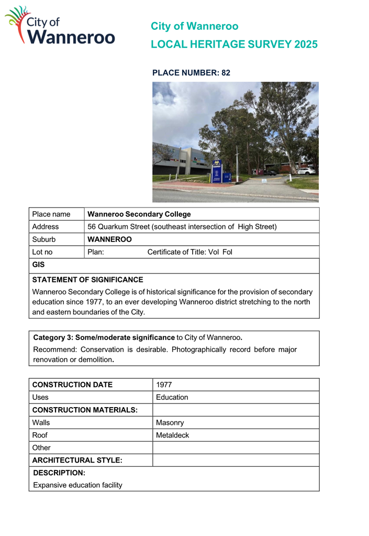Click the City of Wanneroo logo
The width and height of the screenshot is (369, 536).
(60, 26)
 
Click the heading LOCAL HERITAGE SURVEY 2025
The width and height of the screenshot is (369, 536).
(233, 45)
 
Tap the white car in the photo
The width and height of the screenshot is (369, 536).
(306, 170)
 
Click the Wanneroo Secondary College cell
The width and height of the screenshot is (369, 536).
(139, 214)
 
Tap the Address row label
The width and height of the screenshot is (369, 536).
(46, 227)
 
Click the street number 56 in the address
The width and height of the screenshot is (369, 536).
(92, 227)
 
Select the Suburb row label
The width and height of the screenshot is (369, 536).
(44, 239)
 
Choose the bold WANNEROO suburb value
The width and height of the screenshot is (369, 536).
(109, 239)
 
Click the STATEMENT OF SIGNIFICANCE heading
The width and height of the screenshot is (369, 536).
(87, 280)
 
